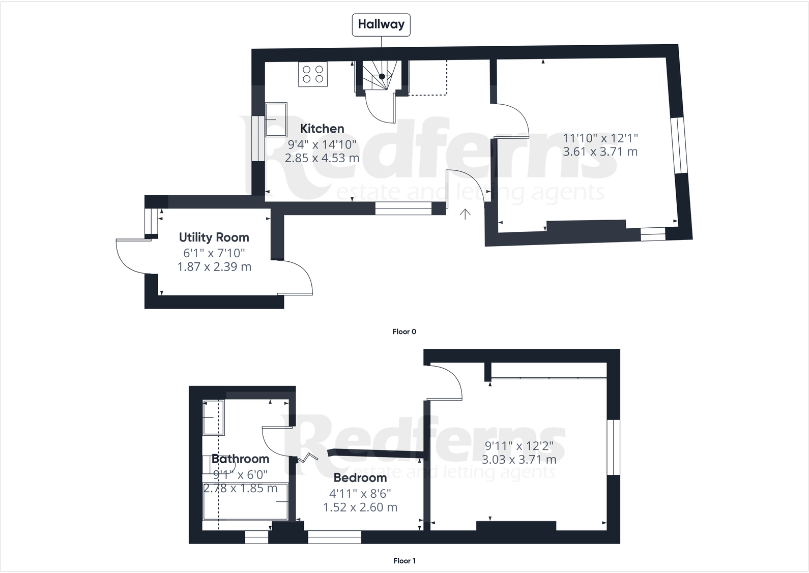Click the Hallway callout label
(x=381, y=24)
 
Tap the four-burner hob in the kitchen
(x=313, y=74)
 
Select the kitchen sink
(x=276, y=119)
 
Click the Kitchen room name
(x=322, y=129)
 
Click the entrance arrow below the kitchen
(x=465, y=214)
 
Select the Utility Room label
(x=214, y=237)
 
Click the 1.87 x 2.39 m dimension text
(x=214, y=267)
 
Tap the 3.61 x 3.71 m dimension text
(x=600, y=152)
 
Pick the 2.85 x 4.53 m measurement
(x=322, y=158)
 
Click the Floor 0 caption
(x=404, y=331)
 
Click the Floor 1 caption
(x=404, y=561)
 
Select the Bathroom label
(x=240, y=459)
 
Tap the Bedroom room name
(x=360, y=478)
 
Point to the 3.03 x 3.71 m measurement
(x=519, y=460)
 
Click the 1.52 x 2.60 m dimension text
(x=360, y=507)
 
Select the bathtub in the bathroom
(x=245, y=501)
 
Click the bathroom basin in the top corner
(x=213, y=417)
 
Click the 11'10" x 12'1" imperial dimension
(x=600, y=138)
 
